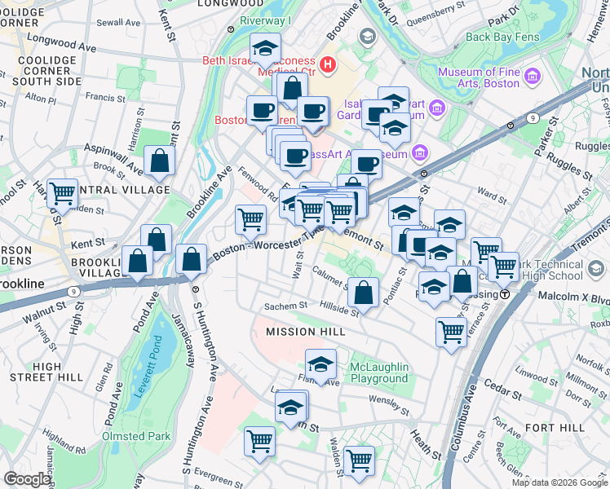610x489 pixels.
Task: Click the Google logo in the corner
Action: click(x=28, y=479)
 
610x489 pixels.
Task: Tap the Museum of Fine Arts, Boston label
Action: click(x=479, y=77)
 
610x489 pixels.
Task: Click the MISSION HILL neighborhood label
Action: click(x=306, y=332)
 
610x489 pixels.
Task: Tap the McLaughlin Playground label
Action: click(x=378, y=372)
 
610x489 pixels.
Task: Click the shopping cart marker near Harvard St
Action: click(x=62, y=193)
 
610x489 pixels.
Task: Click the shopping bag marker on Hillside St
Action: click(x=364, y=291)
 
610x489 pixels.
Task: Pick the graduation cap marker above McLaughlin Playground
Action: click(x=321, y=363)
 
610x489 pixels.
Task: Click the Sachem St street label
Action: click(x=285, y=306)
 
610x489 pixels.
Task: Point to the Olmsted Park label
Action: click(x=136, y=436)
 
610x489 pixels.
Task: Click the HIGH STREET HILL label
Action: click(x=46, y=372)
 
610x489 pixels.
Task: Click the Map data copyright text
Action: click(x=559, y=482)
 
